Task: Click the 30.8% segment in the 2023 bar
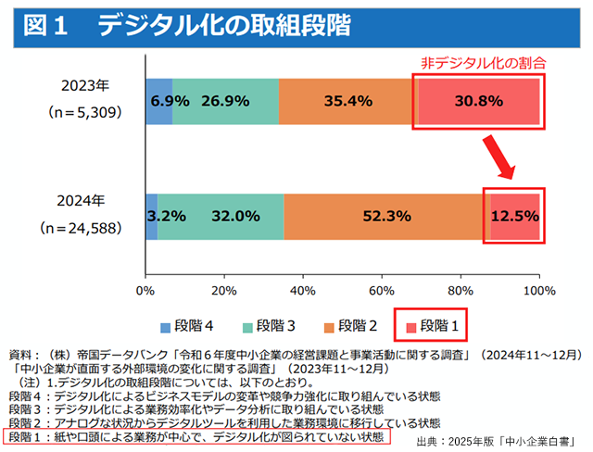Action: (478, 101)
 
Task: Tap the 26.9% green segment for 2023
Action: (225, 101)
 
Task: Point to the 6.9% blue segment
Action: (159, 101)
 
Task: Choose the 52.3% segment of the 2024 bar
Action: (386, 216)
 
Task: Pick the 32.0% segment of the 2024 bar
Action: (221, 216)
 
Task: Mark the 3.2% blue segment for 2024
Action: (152, 216)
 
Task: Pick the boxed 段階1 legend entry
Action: (432, 325)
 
